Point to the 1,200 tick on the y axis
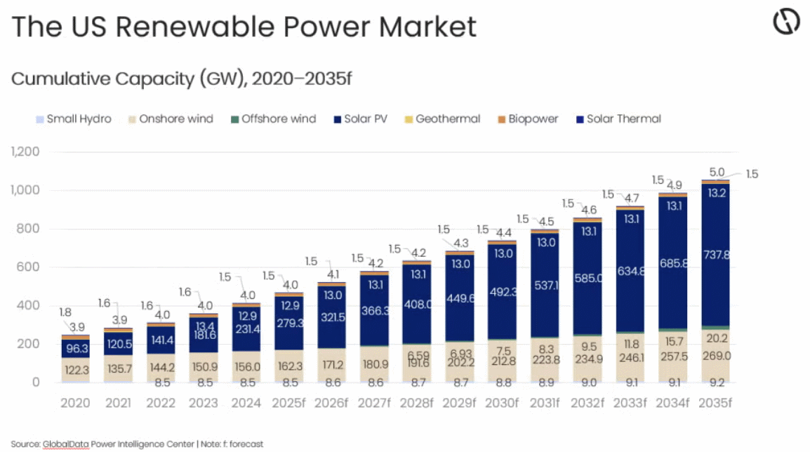[x=25, y=152]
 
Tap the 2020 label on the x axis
[x=75, y=403]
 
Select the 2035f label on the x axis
[x=715, y=403]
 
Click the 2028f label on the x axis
[x=417, y=403]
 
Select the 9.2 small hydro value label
[x=716, y=383]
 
